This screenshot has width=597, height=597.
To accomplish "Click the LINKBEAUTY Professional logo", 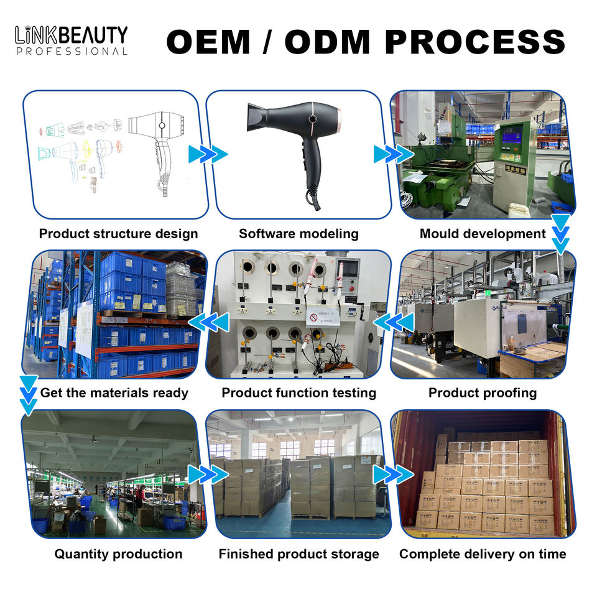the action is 71,40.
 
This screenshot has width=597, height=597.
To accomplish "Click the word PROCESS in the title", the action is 475,42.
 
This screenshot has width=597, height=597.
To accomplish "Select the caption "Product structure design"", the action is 118,234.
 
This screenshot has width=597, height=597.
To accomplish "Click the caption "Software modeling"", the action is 298,234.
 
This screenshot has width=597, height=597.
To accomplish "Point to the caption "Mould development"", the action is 483,234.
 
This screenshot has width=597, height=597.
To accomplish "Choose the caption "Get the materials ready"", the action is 114,393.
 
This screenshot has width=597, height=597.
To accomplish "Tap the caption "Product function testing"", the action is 298,393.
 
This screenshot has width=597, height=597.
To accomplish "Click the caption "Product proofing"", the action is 483,393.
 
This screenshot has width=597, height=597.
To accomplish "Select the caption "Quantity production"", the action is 118,554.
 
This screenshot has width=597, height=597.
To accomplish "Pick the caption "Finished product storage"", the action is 298,554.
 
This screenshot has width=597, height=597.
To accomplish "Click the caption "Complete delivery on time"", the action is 483,554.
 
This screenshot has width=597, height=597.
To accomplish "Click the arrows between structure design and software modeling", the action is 208,154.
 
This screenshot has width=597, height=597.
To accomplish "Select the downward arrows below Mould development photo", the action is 561,234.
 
